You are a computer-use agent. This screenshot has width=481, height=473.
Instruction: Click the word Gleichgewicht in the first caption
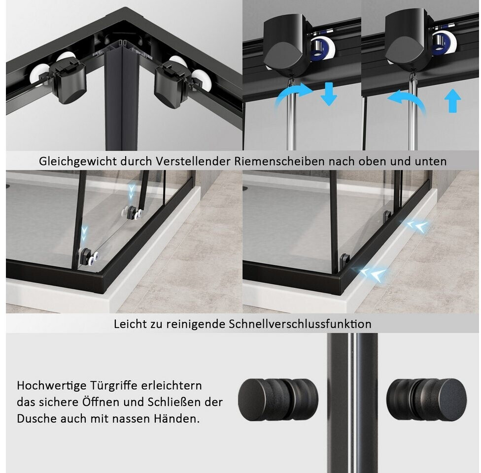pyautogui.click(x=77, y=161)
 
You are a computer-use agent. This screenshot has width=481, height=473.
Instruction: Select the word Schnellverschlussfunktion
pyautogui.click(x=300, y=324)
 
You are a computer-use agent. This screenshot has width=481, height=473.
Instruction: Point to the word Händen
pyautogui.click(x=177, y=418)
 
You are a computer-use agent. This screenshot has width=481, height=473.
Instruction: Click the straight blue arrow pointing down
pyautogui.click(x=329, y=94)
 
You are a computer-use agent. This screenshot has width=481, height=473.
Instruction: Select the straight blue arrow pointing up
pyautogui.click(x=453, y=101)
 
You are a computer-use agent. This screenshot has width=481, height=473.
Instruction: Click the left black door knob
pyautogui.click(x=278, y=399)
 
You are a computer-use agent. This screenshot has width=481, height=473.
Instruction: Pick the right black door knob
pyautogui.click(x=426, y=399)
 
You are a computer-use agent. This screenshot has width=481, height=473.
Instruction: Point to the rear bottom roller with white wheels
pyautogui.click(x=133, y=212)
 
